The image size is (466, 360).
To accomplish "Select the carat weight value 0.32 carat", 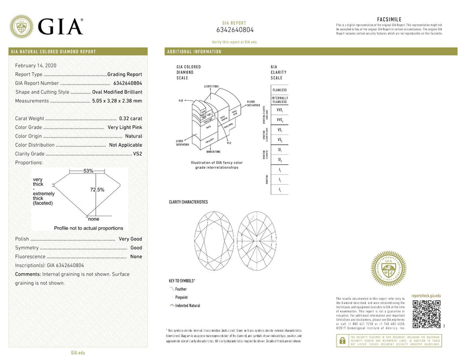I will click(x=130, y=118).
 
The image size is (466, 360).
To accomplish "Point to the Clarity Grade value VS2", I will click(x=137, y=153).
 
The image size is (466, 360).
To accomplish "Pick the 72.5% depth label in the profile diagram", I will click(x=97, y=189).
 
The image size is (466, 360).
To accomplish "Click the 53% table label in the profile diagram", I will click(x=88, y=171).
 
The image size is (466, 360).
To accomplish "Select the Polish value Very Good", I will click(x=130, y=239).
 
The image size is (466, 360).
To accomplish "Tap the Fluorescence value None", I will click(x=136, y=256).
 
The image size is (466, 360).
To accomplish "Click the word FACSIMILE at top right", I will click(x=389, y=19).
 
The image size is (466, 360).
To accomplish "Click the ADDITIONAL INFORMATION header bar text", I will click(x=194, y=52).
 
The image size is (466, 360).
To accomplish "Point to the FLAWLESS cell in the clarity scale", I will click(x=280, y=89).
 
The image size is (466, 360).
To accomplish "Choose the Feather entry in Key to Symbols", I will click(x=180, y=290).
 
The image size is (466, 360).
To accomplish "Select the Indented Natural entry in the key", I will click(x=187, y=306).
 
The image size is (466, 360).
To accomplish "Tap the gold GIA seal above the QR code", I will click(x=388, y=268).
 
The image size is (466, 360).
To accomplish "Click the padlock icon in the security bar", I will click(x=342, y=340).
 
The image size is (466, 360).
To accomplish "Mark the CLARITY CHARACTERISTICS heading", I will click(x=188, y=202).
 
